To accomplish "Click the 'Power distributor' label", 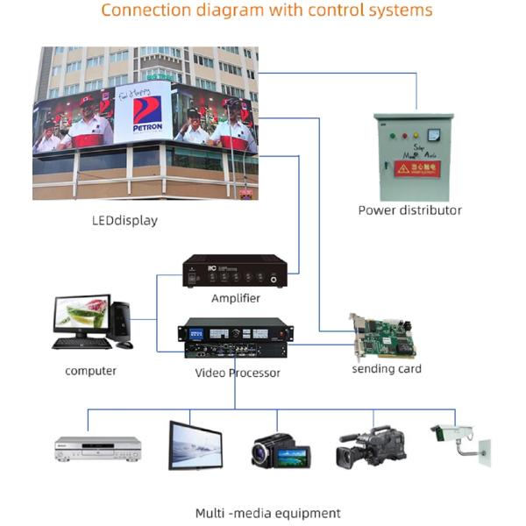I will point(409,210).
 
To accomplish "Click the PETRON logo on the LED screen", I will point(146,112).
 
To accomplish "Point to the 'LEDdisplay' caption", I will point(124,221).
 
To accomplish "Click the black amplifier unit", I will point(234,271).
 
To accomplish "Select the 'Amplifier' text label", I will point(236,298).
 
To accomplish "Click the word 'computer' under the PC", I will point(90,371).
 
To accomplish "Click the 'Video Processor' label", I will point(238,373).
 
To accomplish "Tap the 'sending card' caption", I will point(387,369).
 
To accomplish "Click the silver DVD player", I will point(97,448).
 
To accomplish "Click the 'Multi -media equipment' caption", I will point(267,513).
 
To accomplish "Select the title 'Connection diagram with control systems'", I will point(267,11).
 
